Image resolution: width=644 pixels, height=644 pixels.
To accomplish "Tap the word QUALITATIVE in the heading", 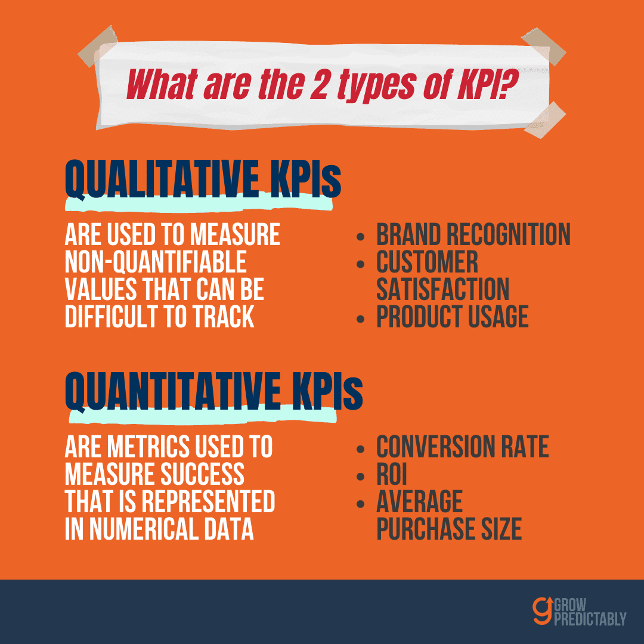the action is coord(162,179).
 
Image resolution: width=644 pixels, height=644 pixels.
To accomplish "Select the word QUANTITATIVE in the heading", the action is coord(173,391).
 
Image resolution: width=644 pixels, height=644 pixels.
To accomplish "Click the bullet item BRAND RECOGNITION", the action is coord(473,234).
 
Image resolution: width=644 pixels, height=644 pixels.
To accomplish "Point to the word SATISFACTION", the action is coord(442,289).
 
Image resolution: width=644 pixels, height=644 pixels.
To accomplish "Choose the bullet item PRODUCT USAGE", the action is coord(452,316).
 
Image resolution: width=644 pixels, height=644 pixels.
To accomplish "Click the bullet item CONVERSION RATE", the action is coord(463,447).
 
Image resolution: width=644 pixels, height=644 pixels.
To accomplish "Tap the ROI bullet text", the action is coord(391,474).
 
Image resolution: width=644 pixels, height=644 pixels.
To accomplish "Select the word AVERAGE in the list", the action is coord(419,501).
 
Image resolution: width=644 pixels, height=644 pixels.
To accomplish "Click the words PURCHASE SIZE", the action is coord(449,528).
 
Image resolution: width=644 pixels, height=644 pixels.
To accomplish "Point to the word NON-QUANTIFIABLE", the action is coord(156,262).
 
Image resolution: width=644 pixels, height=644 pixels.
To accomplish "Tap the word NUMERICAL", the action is coord(144,528).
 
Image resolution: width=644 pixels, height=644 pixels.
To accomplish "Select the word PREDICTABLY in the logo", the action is coord(590,618).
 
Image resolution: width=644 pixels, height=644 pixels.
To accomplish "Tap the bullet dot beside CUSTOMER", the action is coord(361,264).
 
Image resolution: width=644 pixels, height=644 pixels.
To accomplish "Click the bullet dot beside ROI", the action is coord(361,476).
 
